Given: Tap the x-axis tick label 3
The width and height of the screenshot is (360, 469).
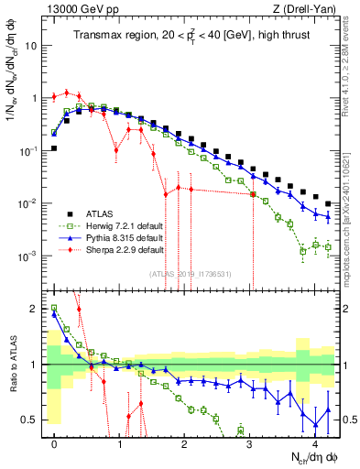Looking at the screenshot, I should (x=251, y=443).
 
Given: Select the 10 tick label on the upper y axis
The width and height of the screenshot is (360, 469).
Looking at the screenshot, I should (x=33, y=45).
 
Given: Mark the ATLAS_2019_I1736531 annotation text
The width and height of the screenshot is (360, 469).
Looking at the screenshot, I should (x=190, y=273).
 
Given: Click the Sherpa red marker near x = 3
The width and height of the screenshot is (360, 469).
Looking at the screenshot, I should (x=252, y=194).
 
